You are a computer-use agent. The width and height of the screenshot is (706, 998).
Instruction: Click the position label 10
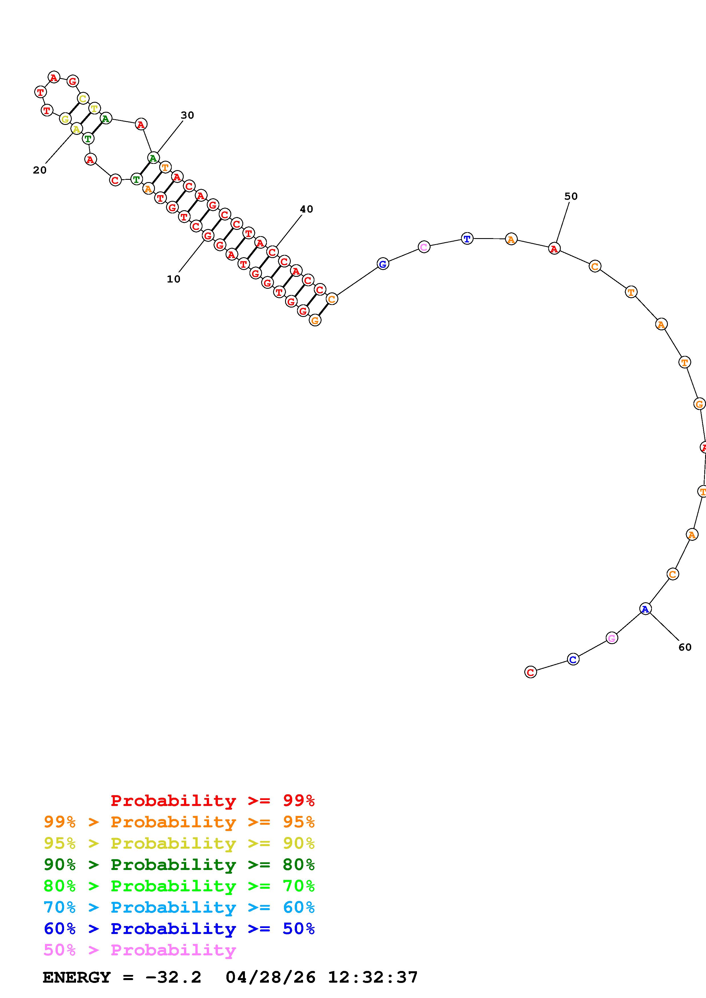click(x=173, y=279)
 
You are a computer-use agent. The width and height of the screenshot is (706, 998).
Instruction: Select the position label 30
click(x=187, y=115)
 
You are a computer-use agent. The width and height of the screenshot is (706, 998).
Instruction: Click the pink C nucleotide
click(x=424, y=247)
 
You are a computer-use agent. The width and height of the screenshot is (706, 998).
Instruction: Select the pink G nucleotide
click(x=612, y=638)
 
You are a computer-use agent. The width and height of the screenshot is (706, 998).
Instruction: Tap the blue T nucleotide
click(x=467, y=239)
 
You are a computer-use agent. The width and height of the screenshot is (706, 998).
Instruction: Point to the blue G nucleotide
click(x=382, y=263)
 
